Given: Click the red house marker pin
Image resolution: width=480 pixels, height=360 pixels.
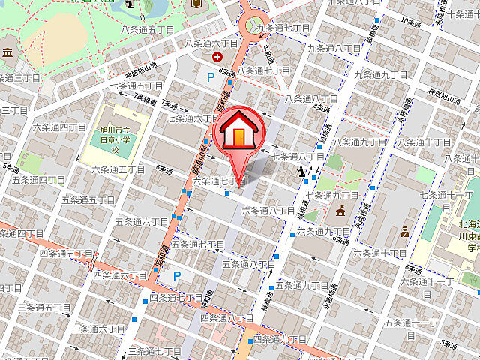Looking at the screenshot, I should pyautogui.click(x=238, y=134).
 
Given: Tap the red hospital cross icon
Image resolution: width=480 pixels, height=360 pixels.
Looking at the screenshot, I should pyautogui.click(x=217, y=56).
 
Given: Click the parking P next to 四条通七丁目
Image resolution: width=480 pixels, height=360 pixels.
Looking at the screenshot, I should pyautogui.click(x=177, y=275).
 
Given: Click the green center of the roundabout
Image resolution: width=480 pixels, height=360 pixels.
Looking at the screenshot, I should pyautogui.click(x=255, y=24).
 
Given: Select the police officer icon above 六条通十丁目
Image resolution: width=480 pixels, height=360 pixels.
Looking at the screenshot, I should pyautogui.click(x=404, y=231).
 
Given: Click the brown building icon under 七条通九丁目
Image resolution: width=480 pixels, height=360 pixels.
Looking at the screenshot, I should pyautogui.click(x=340, y=211).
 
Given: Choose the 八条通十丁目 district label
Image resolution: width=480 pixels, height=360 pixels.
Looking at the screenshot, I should pyautogui.click(x=423, y=142).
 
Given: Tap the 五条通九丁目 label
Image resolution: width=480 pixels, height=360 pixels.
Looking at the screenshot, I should pyautogui.click(x=302, y=285).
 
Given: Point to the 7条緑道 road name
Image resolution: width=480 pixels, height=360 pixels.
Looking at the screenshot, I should pyautogui.click(x=145, y=98).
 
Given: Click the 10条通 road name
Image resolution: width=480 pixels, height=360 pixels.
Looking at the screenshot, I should pyautogui.click(x=411, y=23).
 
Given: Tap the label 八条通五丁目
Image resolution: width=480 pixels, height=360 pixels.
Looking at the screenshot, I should pyautogui.click(x=147, y=29).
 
